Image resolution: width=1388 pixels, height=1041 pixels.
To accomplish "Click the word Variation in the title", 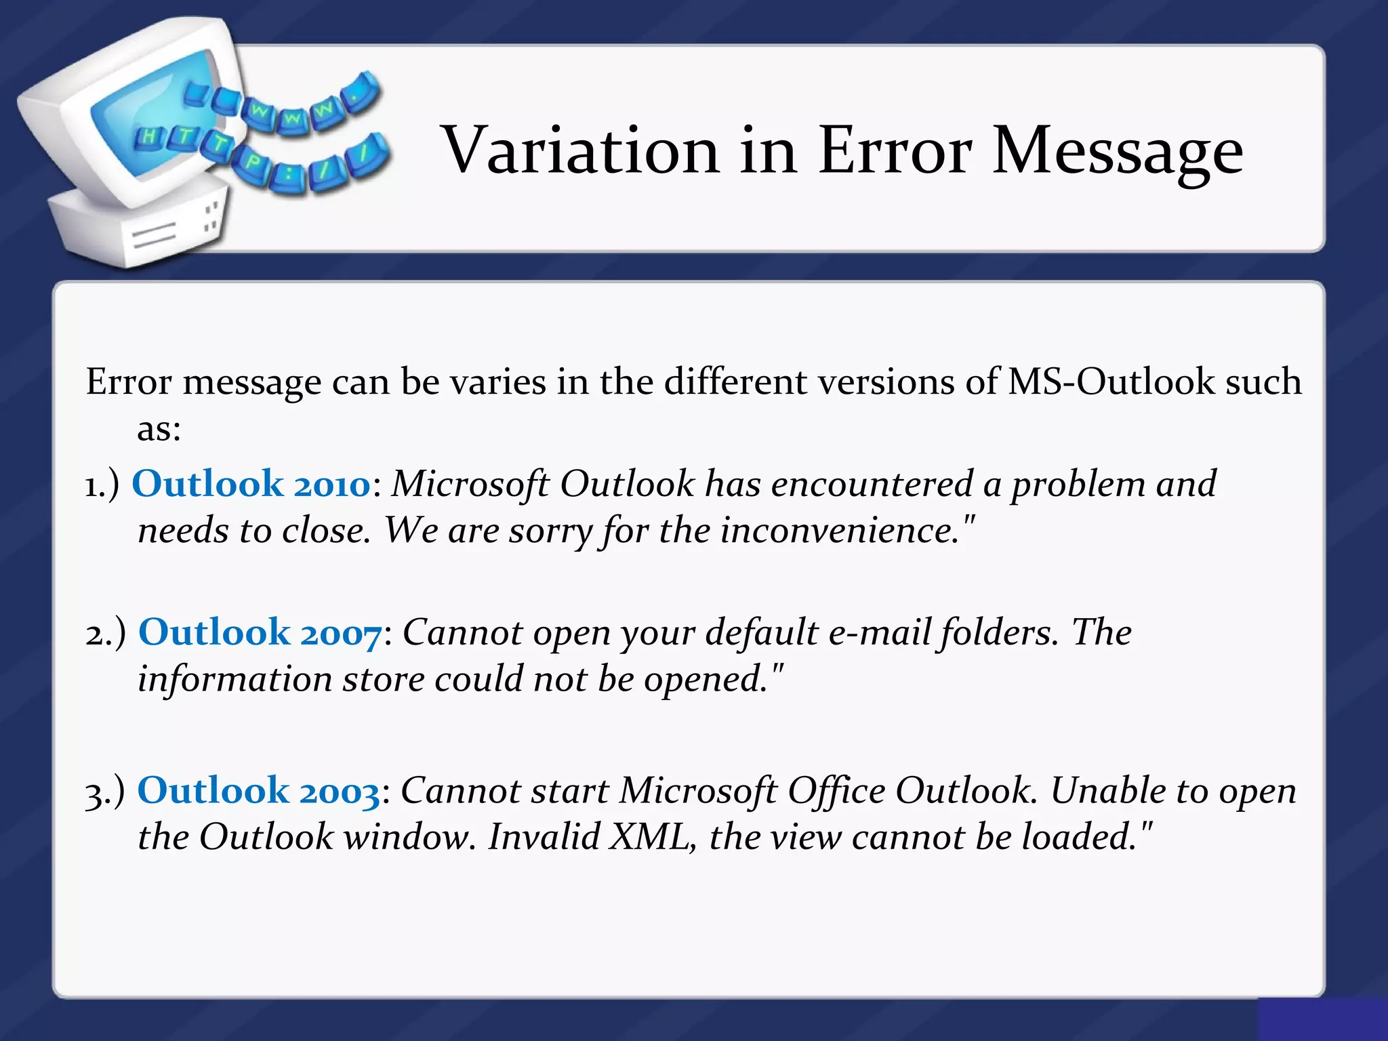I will (580, 150).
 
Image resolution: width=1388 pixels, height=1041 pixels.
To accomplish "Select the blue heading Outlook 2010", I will (251, 485).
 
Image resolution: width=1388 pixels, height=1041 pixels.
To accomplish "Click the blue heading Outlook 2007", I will (260, 633).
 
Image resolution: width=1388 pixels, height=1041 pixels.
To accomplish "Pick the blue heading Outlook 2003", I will (258, 791).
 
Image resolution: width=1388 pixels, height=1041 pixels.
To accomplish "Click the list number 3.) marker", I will (104, 792).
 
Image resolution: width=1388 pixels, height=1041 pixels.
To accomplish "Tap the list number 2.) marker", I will (105, 634).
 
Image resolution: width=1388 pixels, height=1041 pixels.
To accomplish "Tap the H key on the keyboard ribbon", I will (148, 138).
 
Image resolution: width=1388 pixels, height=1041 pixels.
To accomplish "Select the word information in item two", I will (234, 679).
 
